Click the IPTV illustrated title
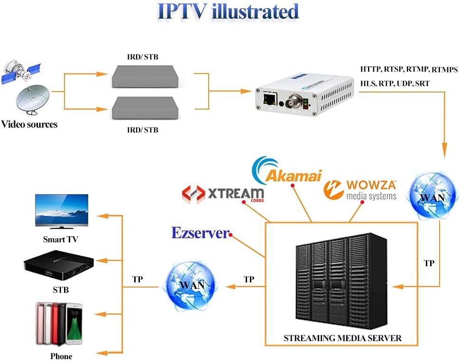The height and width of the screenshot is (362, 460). (x=228, y=12)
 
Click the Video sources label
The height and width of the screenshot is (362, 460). (x=29, y=125)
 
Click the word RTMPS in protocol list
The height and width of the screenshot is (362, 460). (x=444, y=70)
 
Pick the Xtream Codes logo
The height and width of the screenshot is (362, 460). (x=223, y=194)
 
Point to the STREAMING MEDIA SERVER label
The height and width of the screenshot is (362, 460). (x=342, y=338)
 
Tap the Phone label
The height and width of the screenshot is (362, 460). (x=61, y=356)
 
